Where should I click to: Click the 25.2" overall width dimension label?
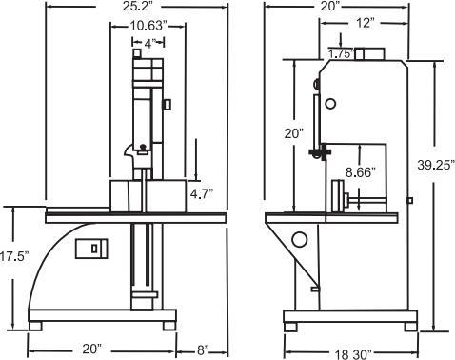point(139,7)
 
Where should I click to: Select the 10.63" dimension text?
point(148,26)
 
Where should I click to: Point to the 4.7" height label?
point(201,193)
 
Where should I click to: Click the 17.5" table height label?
point(14,256)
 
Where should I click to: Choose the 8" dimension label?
point(203,350)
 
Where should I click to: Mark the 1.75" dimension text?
point(341,53)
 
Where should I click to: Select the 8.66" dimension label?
point(360,172)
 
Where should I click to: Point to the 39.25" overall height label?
point(436,165)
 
